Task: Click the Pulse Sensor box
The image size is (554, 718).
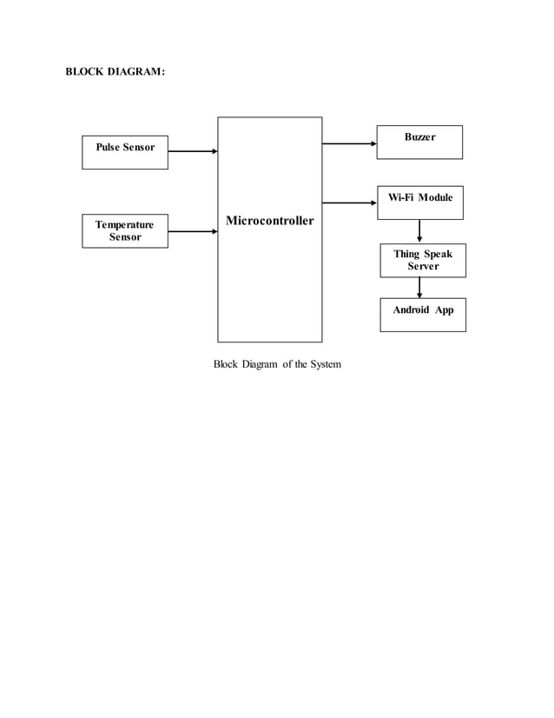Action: coord(125,152)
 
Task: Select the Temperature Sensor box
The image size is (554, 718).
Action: coord(125,230)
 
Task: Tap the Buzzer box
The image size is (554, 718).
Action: coord(419,143)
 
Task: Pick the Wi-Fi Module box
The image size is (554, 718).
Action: coord(419,202)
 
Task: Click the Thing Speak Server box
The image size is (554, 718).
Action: coord(423,260)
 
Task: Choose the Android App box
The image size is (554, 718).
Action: coord(423,315)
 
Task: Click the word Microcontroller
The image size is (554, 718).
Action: coord(270,221)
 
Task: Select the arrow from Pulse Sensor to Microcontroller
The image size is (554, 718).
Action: coord(192,151)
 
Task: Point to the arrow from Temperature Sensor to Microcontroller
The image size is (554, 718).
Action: coord(192,231)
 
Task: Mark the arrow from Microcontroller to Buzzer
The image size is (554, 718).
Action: coord(349,143)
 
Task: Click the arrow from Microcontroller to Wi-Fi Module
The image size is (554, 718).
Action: coord(349,203)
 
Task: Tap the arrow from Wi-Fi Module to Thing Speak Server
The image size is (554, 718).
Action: coord(420,231)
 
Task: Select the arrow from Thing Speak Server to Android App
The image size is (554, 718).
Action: coord(420,288)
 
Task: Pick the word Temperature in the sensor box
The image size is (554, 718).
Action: coord(125,224)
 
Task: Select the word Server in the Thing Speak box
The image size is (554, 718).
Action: coord(423,266)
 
